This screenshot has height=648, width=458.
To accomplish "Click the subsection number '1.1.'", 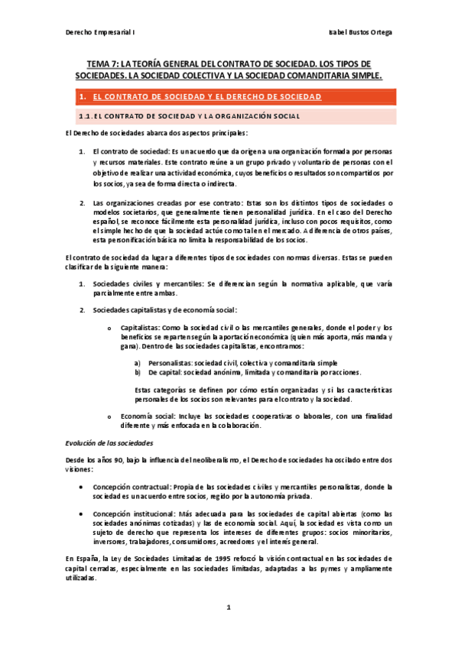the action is click(x=86, y=116).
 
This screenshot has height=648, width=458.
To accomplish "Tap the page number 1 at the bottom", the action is click(x=228, y=608).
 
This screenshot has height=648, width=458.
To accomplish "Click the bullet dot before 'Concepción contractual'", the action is click(x=82, y=487).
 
